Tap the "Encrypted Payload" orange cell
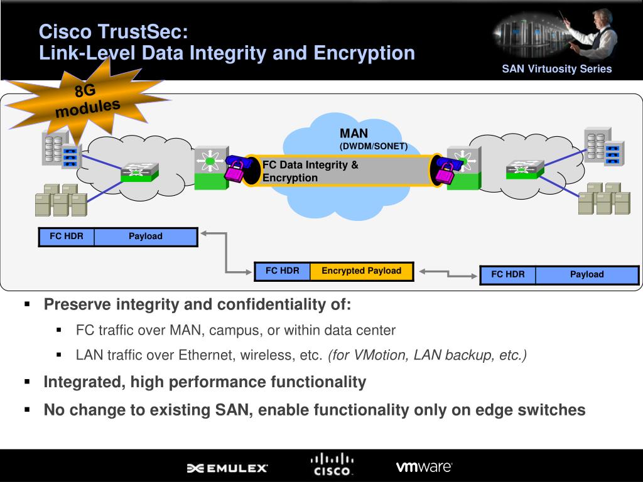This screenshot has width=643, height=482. (361, 271)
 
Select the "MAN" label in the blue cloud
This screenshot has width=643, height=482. (354, 134)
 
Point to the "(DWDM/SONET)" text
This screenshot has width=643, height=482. (374, 146)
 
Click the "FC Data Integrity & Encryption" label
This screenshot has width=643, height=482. (310, 171)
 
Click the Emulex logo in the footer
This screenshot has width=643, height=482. (227, 468)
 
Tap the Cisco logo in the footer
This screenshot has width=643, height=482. (332, 464)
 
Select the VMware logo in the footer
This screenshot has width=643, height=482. (424, 466)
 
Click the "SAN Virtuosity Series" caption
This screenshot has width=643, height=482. (556, 69)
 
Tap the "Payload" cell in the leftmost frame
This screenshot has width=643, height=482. (146, 237)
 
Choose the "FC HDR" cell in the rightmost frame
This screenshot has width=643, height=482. (507, 274)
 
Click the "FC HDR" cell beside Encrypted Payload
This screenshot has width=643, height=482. (282, 271)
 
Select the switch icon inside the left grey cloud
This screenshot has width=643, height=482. (140, 171)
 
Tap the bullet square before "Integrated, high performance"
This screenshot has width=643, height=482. (28, 382)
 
